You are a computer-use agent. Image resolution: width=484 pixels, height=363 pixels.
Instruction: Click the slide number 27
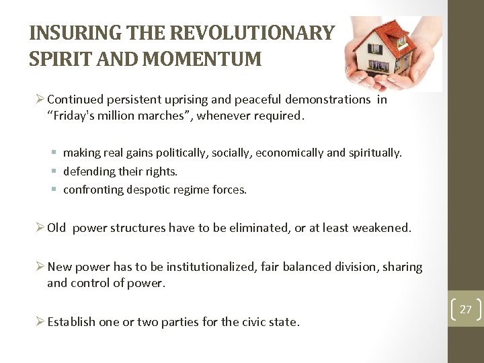[x=465, y=309]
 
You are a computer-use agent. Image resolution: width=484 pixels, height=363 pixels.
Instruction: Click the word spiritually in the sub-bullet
[x=371, y=153]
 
